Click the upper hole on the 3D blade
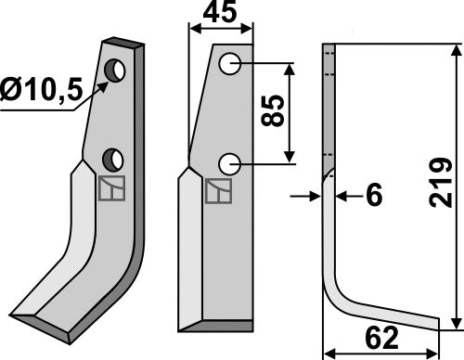click(x=117, y=70)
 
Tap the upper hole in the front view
click(x=228, y=65)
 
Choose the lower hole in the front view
click(x=228, y=164)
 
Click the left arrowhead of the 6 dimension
click(x=316, y=197)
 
